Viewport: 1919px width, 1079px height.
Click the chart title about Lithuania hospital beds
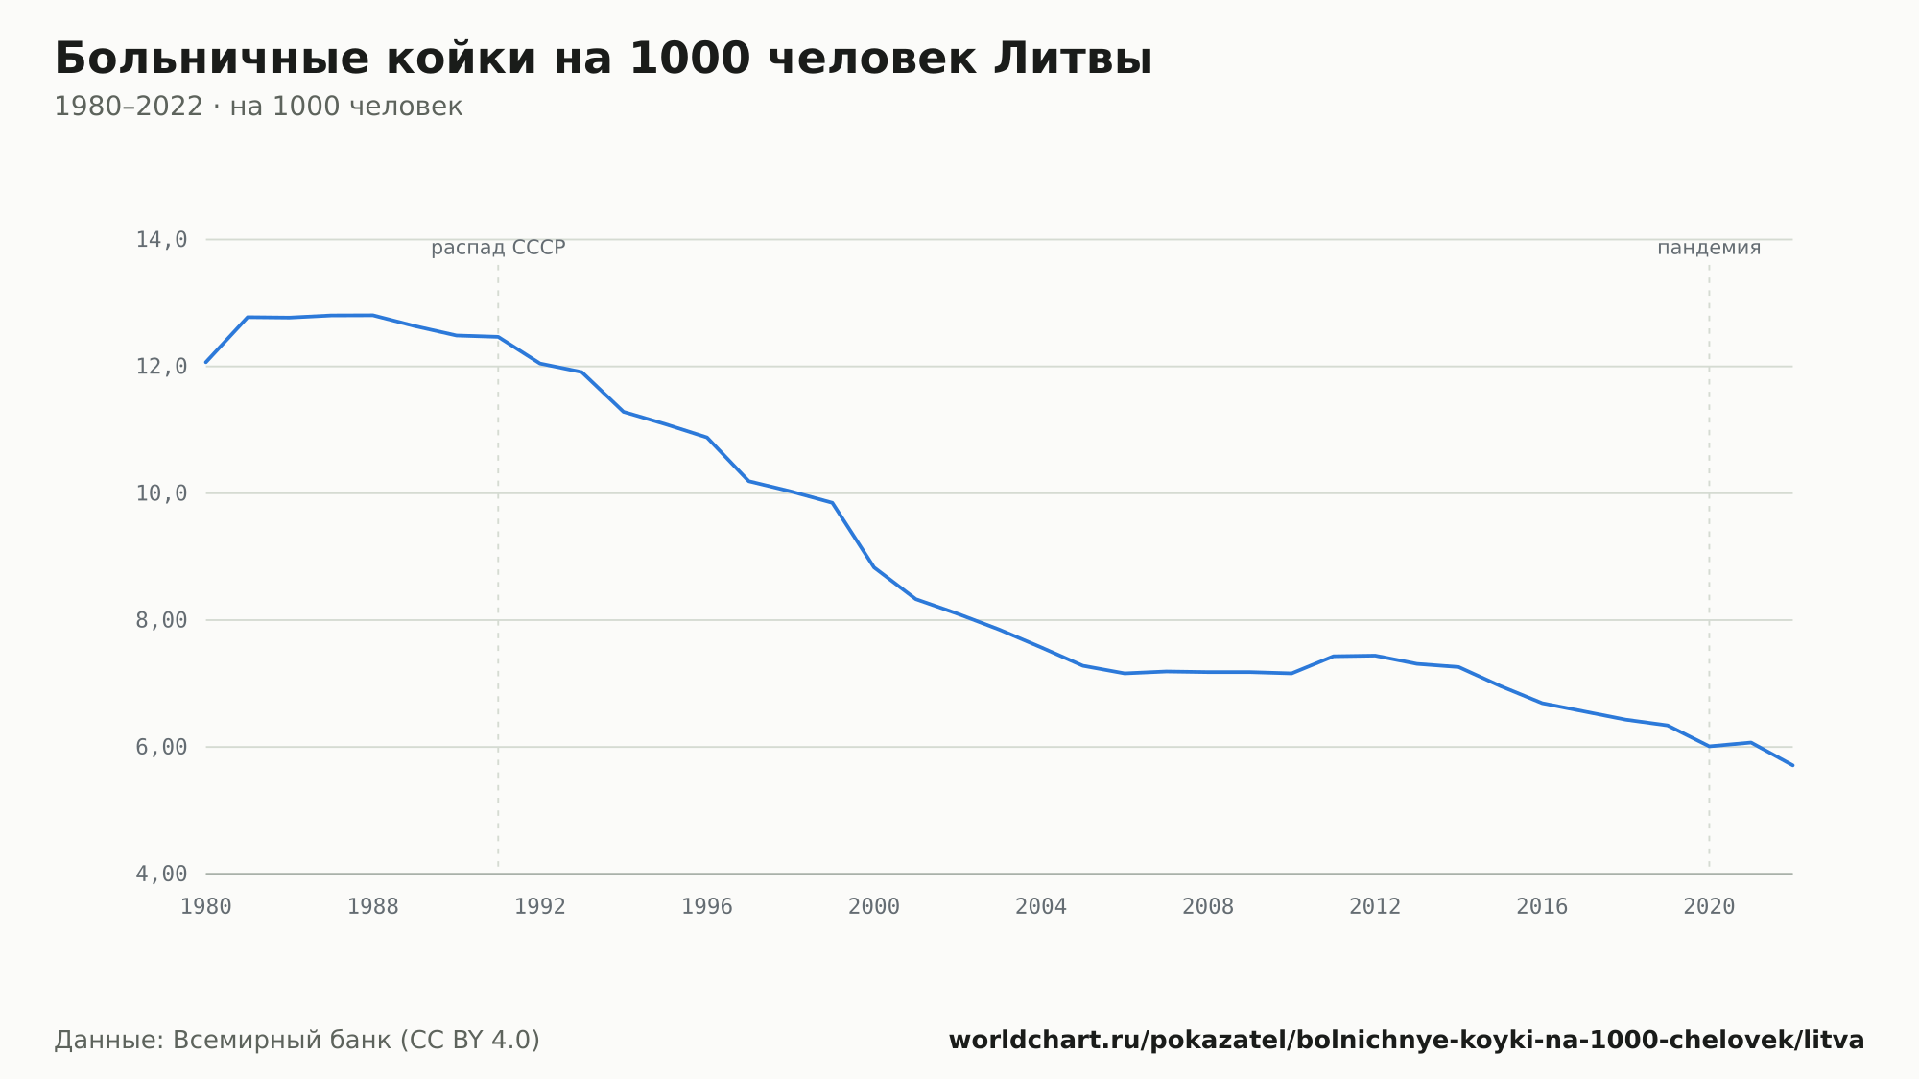(604, 59)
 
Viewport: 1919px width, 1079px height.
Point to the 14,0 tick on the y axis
(161, 240)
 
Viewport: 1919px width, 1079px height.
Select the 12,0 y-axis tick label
(161, 367)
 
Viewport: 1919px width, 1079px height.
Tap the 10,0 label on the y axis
(161, 493)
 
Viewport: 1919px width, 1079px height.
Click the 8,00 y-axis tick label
(161, 620)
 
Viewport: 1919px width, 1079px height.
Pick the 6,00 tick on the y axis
(161, 747)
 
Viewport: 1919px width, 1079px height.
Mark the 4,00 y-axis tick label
(161, 874)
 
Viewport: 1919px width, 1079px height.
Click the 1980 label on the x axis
(206, 907)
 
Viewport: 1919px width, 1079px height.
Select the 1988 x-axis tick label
(373, 907)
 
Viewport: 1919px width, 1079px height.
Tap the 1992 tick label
(540, 907)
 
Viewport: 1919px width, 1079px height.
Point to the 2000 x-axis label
(874, 907)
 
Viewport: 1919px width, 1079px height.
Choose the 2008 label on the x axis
(1208, 907)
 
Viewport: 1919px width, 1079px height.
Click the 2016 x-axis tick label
(1542, 907)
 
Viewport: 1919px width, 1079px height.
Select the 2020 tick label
(1709, 907)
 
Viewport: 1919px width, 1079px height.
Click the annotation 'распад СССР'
(498, 248)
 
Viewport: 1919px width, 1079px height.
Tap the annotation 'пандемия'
(1709, 248)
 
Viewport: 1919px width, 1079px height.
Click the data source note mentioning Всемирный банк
(297, 1040)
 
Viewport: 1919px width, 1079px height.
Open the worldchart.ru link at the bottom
(1407, 1040)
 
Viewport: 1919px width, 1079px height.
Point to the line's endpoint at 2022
(1792, 765)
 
